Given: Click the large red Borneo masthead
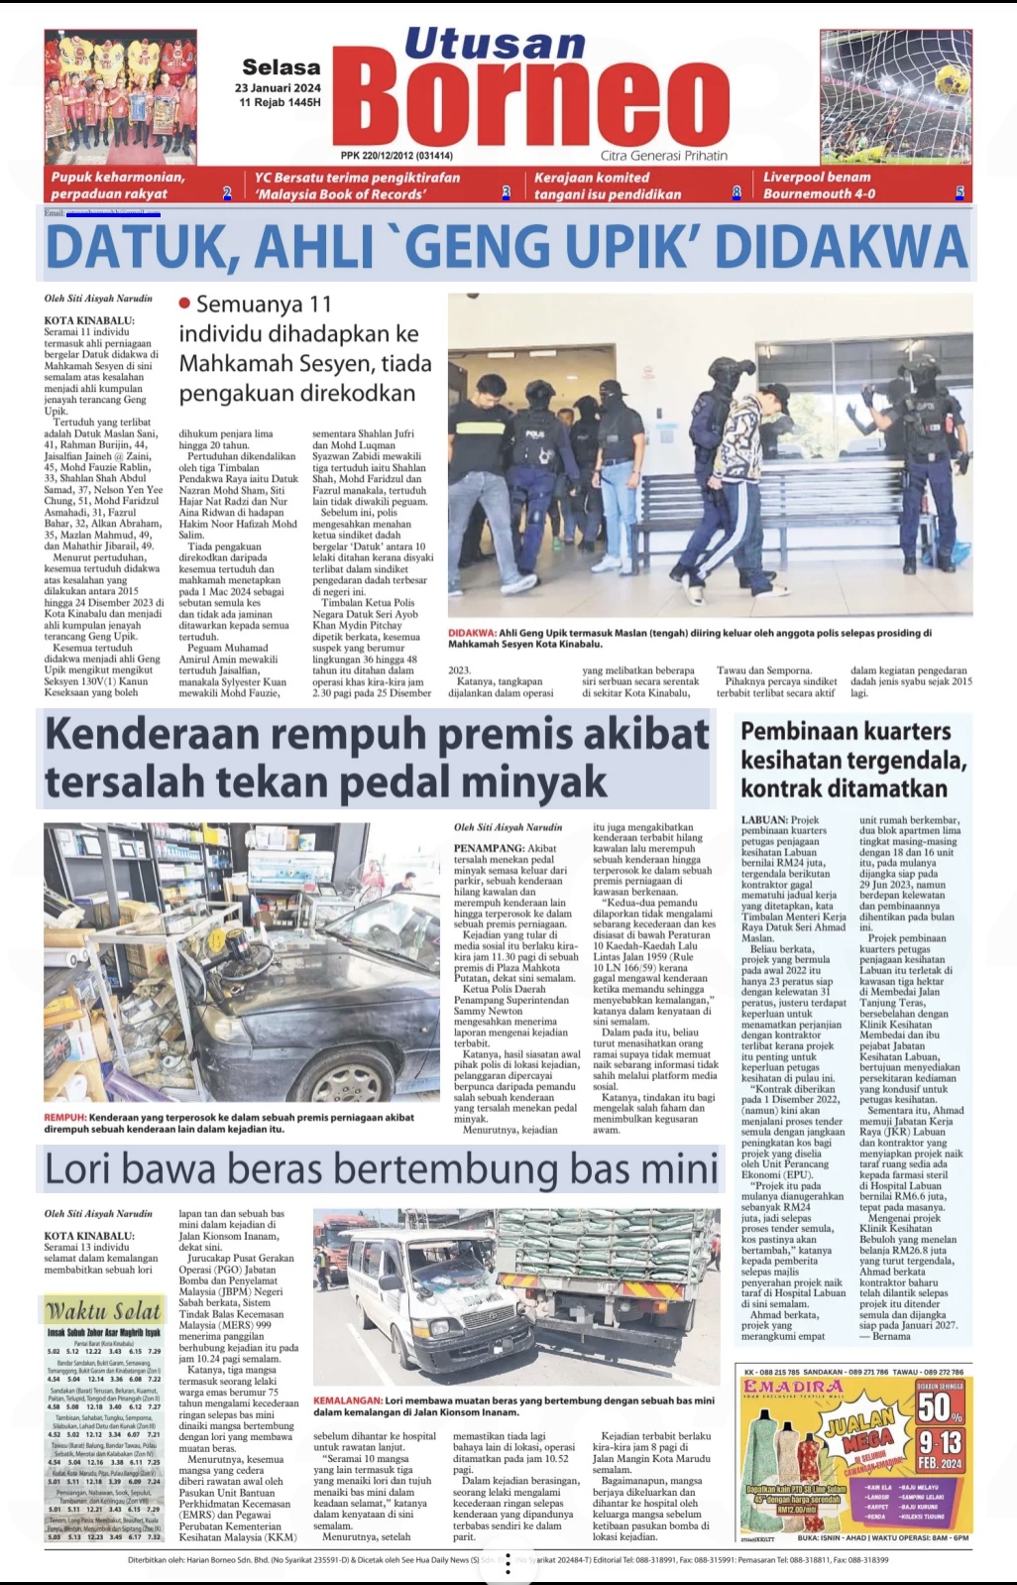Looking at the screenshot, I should point(539,103).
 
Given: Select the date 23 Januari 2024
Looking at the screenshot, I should point(279,87).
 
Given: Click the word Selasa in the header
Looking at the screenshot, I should point(282,67).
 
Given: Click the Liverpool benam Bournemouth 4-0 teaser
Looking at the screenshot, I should point(819,185).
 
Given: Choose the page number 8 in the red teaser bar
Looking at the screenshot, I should point(736,193).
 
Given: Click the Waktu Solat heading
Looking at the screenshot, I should point(102,1310).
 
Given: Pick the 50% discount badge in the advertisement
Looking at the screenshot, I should point(939,1405).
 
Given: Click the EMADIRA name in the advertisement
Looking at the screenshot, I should point(793,1386).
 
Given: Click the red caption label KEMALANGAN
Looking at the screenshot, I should point(347,1401).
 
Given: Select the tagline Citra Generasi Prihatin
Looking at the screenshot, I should point(663,156).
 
